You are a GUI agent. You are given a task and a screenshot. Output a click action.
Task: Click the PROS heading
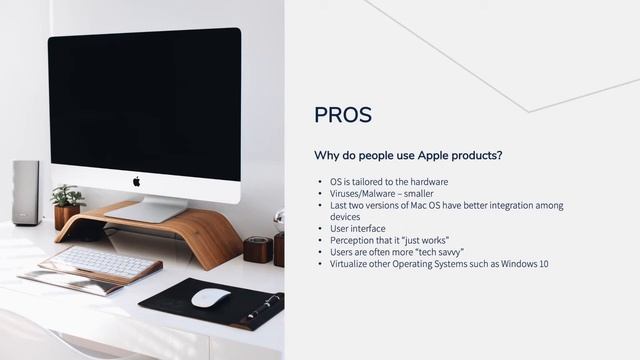[343, 115]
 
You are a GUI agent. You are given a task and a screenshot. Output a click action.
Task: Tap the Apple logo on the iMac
[136, 181]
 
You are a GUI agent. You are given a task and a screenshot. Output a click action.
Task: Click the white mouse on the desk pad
[210, 297]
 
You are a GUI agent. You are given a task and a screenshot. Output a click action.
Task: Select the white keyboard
[103, 262]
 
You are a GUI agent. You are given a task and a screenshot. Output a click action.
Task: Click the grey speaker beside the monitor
[26, 192]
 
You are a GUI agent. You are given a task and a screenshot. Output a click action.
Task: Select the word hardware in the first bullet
[428, 182]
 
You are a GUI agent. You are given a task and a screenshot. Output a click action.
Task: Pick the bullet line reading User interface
[357, 228]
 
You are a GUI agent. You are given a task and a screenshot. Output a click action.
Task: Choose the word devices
[346, 216]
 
